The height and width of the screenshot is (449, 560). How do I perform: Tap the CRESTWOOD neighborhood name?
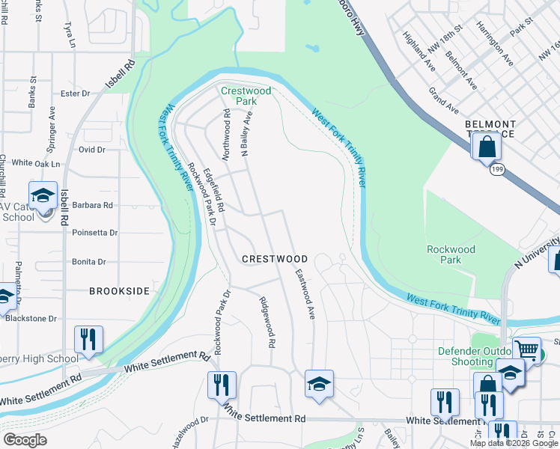[275, 259]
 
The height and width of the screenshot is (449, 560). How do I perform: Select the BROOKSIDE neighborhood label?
[120, 290]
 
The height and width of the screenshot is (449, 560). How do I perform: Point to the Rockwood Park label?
[451, 254]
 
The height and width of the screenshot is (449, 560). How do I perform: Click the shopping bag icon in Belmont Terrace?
[487, 146]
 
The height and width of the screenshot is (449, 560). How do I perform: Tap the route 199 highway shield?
[497, 170]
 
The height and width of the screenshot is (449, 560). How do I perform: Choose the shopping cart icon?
[527, 349]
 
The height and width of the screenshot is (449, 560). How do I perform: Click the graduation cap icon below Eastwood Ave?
[319, 384]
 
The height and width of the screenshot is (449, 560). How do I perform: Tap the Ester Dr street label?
[75, 94]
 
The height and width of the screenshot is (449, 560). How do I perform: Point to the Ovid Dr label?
[92, 150]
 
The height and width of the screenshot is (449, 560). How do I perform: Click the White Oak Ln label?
[35, 163]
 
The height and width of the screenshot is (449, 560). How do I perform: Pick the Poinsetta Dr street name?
[95, 233]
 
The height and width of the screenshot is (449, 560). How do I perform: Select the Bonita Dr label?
[89, 262]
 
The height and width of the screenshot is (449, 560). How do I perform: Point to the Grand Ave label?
[443, 100]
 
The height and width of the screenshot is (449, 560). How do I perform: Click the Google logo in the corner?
[25, 440]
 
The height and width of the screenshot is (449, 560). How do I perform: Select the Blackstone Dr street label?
[31, 318]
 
